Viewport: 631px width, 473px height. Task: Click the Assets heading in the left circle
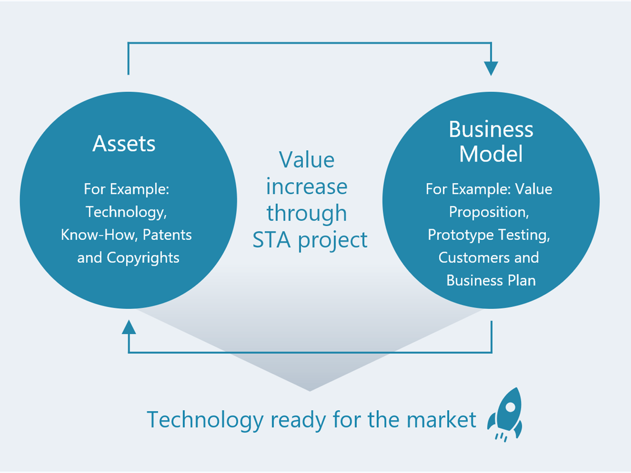[124, 143]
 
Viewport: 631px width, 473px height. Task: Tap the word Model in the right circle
[491, 154]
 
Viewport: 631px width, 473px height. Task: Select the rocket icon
[505, 415]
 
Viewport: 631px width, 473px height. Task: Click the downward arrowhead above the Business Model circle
[491, 69]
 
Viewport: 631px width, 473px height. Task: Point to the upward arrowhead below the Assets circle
[129, 327]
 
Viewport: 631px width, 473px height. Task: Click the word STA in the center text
[271, 240]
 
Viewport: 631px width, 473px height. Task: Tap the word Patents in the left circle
[167, 235]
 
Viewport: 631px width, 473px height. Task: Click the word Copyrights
[143, 258]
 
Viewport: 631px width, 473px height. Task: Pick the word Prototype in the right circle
[461, 235]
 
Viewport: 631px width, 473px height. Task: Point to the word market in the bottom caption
[441, 420]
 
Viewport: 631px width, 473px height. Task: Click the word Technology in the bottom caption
[205, 420]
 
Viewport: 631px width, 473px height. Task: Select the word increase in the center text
[307, 187]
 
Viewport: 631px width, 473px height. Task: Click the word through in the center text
[307, 213]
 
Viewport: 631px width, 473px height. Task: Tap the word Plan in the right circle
[522, 280]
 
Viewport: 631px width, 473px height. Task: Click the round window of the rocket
[510, 407]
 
